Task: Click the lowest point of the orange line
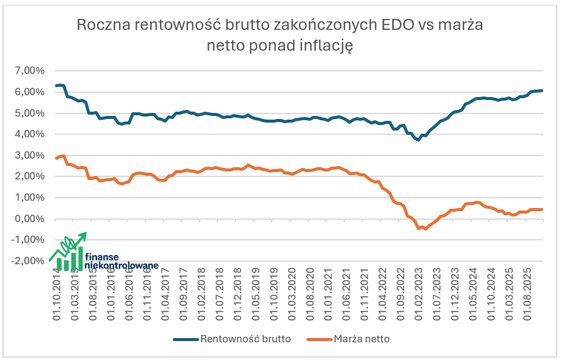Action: (425, 229)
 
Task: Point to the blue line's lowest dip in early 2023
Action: (418, 140)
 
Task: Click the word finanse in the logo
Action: (102, 257)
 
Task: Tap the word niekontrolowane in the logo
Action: (120, 265)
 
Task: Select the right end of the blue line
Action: (542, 90)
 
